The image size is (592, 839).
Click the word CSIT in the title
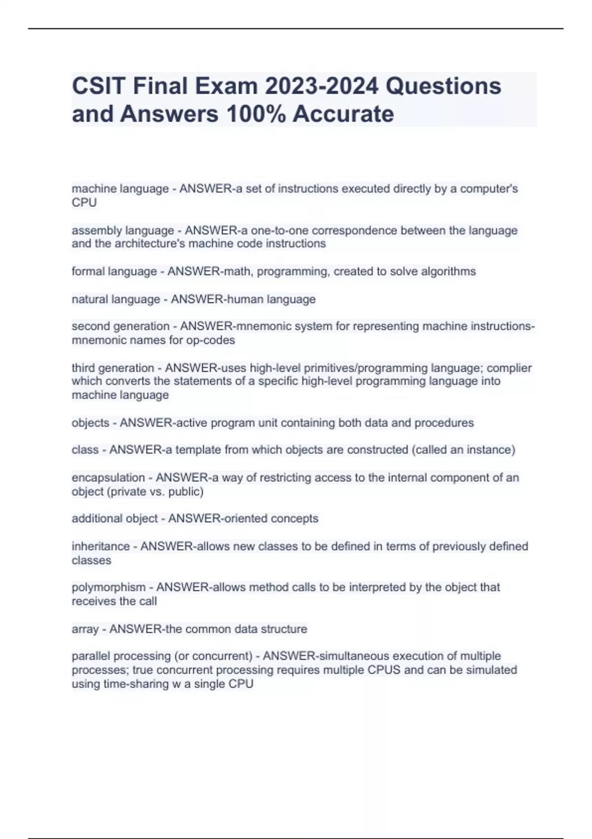pos(99,86)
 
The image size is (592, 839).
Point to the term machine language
pos(120,189)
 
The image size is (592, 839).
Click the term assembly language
pos(123,230)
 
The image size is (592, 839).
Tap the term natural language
pos(115,299)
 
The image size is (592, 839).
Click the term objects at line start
pos(90,423)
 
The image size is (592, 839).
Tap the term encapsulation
pos(108,477)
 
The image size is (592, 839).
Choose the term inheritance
pos(101,546)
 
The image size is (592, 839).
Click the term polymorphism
pos(109,587)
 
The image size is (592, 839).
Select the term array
pos(85,629)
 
